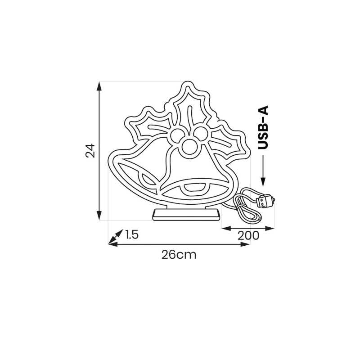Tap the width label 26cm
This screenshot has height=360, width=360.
[x=179, y=255]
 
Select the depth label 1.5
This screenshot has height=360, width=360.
[x=132, y=234]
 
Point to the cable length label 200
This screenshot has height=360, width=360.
[x=248, y=235]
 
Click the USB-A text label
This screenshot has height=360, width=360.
[x=263, y=127]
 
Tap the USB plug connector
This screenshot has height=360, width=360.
[x=266, y=200]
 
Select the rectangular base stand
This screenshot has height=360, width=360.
[x=185, y=215]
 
